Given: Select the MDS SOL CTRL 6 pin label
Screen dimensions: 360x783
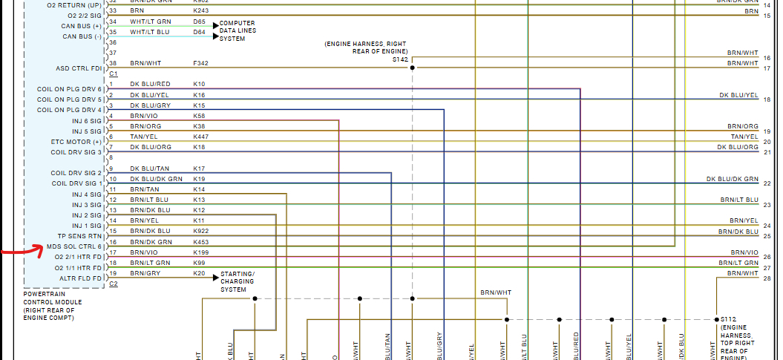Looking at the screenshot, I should click(x=73, y=246).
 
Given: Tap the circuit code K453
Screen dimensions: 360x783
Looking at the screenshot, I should click(x=200, y=242).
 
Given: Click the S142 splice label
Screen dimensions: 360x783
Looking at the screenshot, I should click(x=401, y=59).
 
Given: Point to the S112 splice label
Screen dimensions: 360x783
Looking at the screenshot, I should click(x=728, y=319).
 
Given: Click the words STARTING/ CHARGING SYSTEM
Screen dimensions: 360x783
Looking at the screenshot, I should click(x=237, y=281).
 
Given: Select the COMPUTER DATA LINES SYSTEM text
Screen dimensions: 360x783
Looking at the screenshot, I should click(x=237, y=31).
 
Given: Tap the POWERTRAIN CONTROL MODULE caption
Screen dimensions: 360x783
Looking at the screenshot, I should click(x=53, y=306).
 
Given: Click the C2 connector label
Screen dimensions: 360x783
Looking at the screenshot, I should click(x=114, y=284).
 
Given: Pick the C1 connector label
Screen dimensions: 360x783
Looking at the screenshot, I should click(x=114, y=74).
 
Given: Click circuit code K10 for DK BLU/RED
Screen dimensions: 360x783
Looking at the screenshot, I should click(x=199, y=84).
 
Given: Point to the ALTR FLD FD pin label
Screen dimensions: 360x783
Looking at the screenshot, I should click(x=80, y=278).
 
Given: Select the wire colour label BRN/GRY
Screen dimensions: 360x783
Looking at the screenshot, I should click(x=145, y=274).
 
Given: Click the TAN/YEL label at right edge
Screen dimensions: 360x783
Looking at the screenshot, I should click(x=744, y=137).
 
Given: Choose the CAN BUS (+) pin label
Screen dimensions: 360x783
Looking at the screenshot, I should click(x=82, y=26).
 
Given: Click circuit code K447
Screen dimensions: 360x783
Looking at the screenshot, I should click(x=200, y=137).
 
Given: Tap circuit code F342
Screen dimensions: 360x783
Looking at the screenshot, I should click(x=200, y=63).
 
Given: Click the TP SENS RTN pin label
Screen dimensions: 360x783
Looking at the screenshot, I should click(x=79, y=236).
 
